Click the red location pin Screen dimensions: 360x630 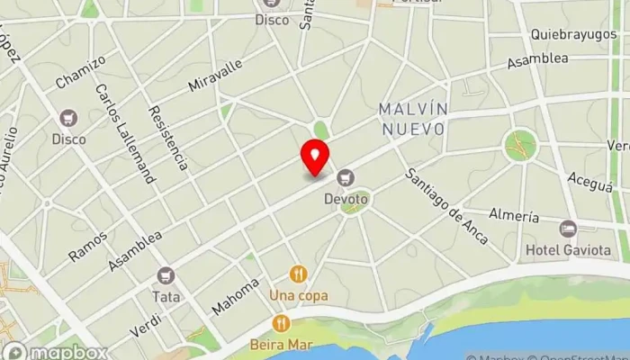click(315, 157)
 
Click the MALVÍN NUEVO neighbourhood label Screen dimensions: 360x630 click(413, 119)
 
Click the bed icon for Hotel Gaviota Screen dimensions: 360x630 click(567, 229)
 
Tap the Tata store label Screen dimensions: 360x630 click(166, 294)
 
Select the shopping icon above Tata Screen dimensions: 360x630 click(166, 275)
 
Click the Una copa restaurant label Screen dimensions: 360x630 click(299, 294)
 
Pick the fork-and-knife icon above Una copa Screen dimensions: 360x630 click(299, 274)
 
